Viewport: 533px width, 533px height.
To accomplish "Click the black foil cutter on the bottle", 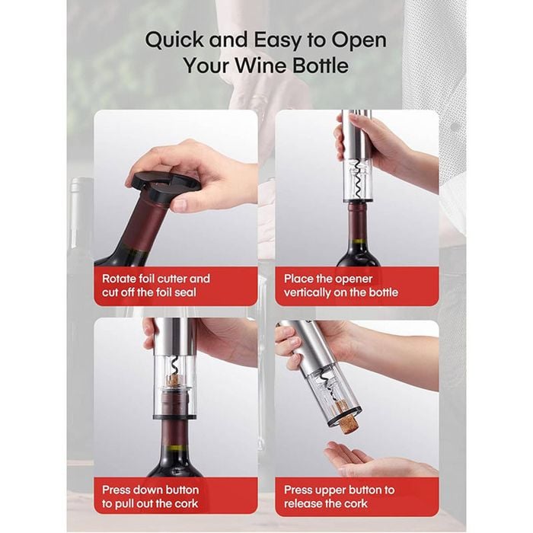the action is pyautogui.click(x=162, y=186).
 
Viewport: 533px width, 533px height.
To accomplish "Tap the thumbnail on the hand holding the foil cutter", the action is pyautogui.click(x=180, y=204).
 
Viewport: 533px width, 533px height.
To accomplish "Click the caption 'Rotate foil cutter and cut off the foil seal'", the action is pyautogui.click(x=155, y=286).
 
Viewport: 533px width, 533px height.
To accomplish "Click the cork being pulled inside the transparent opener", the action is pyautogui.click(x=174, y=380).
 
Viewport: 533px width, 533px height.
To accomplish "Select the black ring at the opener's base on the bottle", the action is pyautogui.click(x=174, y=416).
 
